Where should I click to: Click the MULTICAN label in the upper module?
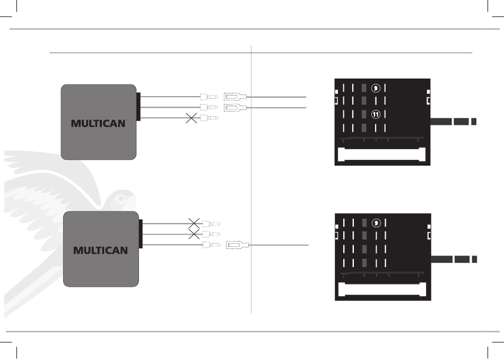coord(98,124)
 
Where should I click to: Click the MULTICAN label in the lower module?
coord(100,250)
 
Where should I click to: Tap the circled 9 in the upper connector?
coord(376,88)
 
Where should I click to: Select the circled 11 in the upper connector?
coord(376,114)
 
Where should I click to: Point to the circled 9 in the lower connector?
coord(376,223)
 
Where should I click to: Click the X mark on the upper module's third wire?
coord(192,118)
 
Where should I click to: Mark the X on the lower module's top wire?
coord(194,223)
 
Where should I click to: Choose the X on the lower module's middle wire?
coord(194,234)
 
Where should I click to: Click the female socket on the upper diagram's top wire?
coord(235,97)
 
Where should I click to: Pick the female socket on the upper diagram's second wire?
coord(235,107)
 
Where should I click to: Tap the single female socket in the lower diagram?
coord(237,245)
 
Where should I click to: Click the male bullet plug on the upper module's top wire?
coord(209,97)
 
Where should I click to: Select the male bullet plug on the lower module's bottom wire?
coord(212,245)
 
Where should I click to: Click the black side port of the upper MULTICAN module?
coord(138,107)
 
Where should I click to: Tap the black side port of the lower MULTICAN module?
coord(141,234)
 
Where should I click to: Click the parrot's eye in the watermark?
coord(121,199)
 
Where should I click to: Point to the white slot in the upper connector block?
coord(382,155)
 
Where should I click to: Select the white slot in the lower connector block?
coord(382,289)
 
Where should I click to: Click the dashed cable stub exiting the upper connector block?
coord(453,122)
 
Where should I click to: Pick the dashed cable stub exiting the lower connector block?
coord(454,259)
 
